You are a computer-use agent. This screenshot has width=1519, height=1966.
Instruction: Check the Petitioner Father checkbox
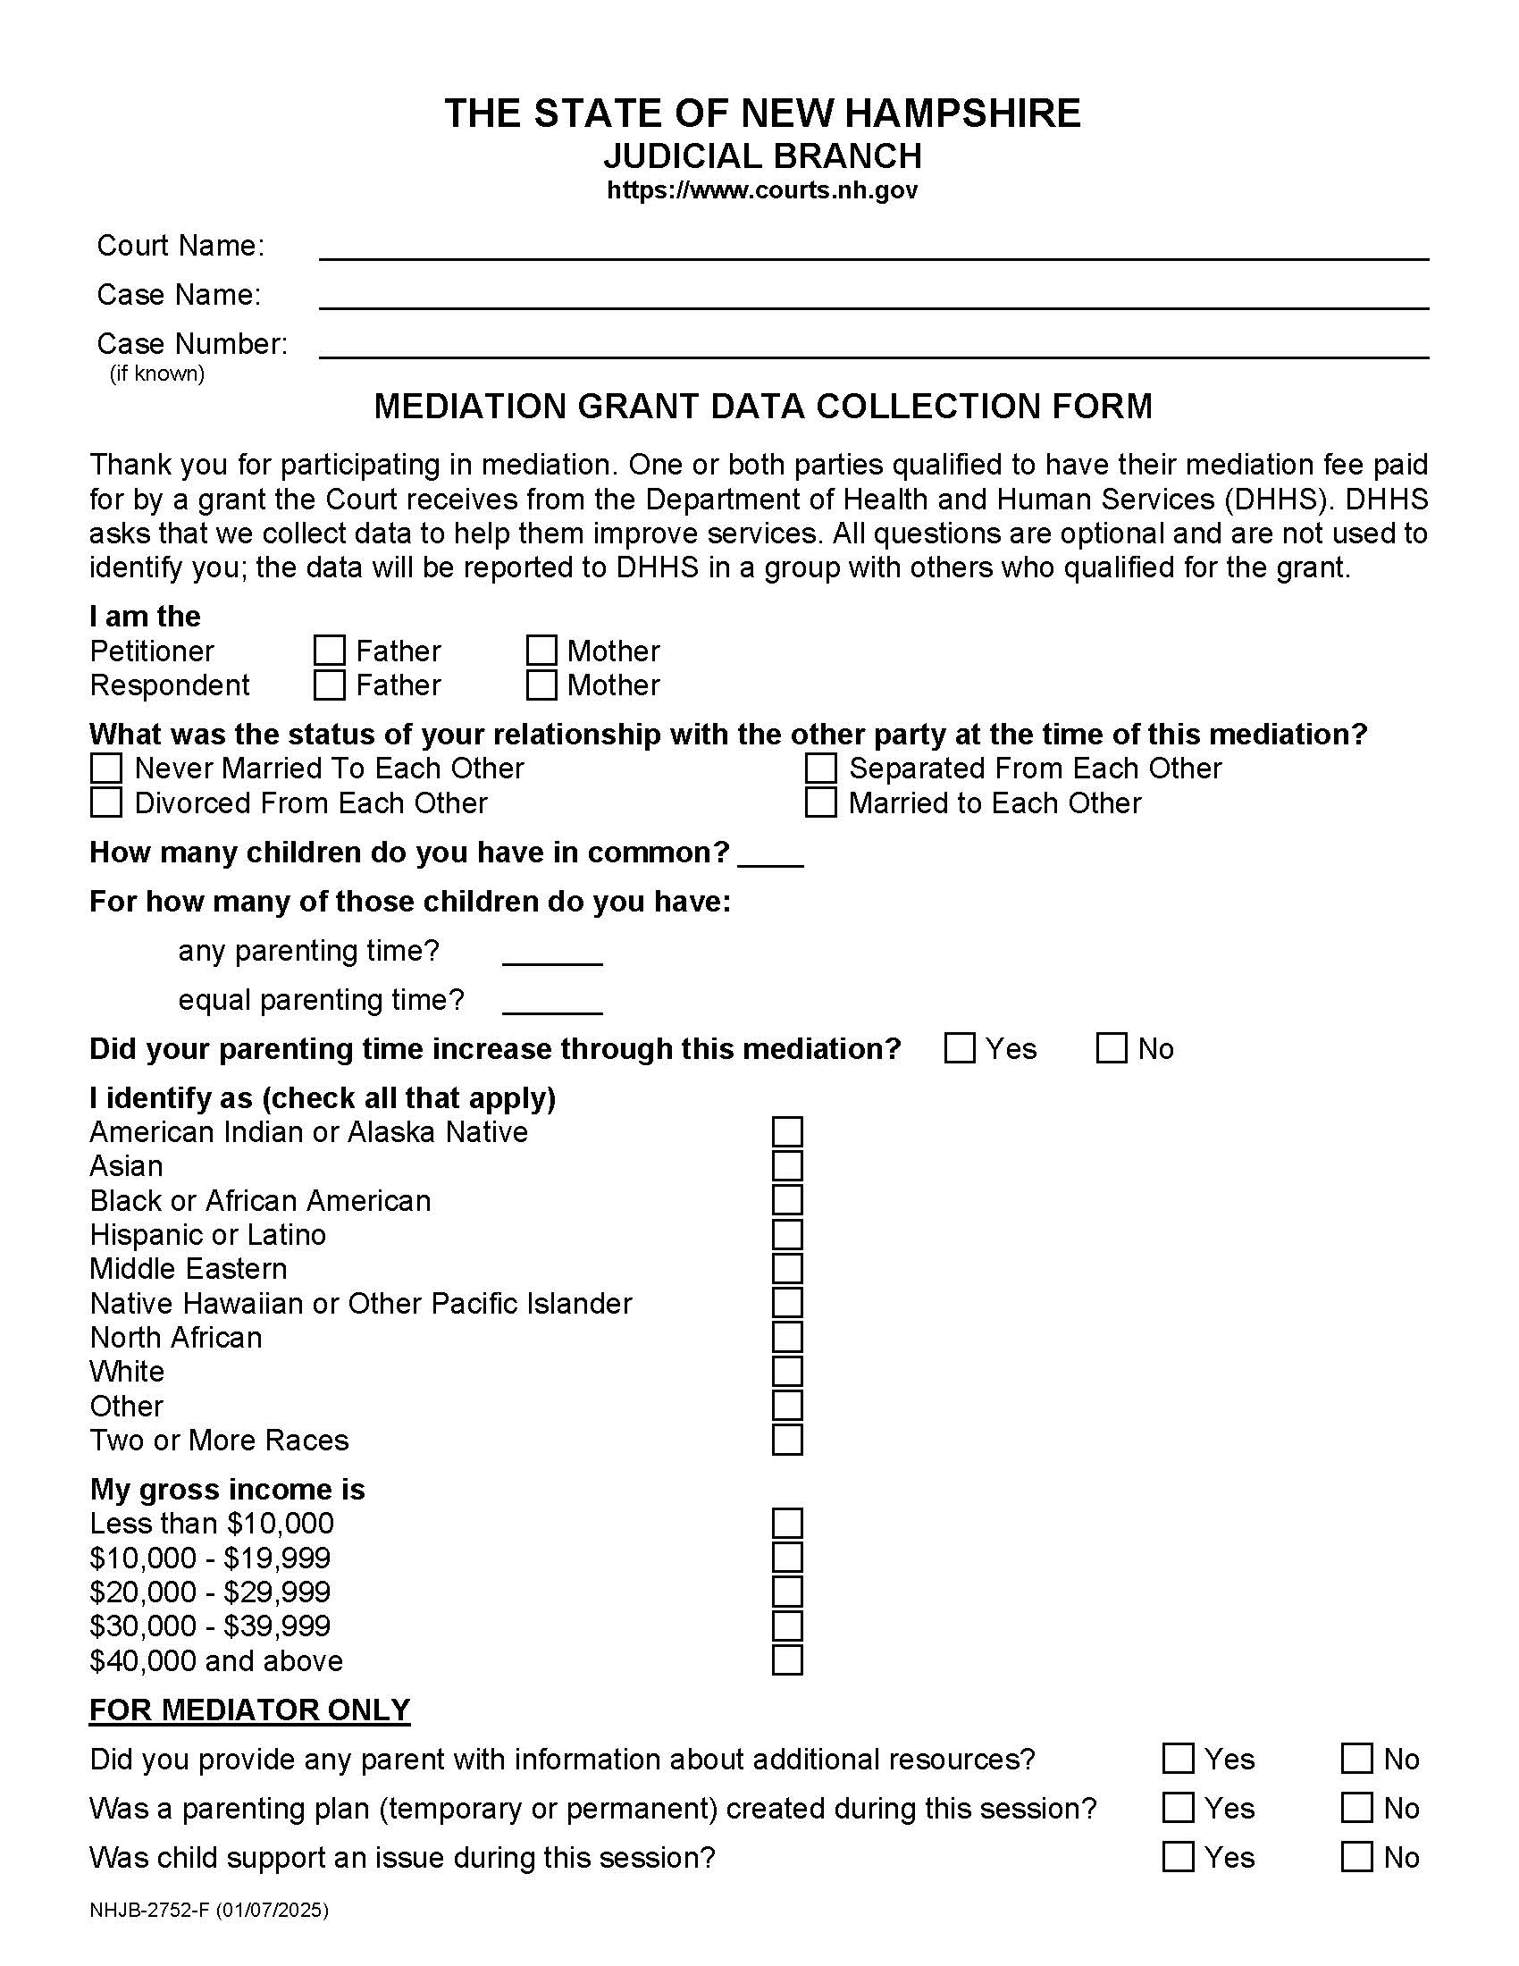[x=330, y=650]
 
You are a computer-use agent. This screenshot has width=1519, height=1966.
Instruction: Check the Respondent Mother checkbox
[x=541, y=685]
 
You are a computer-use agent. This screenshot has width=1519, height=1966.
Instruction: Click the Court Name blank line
[x=873, y=248]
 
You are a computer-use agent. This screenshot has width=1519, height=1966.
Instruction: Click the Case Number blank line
[x=873, y=346]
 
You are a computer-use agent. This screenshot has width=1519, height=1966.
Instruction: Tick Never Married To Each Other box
[x=106, y=768]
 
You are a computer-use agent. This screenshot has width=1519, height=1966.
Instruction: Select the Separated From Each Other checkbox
[x=819, y=768]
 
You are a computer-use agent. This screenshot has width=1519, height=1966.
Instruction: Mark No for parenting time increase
[x=1112, y=1048]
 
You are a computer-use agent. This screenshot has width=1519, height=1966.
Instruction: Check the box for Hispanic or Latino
[x=787, y=1234]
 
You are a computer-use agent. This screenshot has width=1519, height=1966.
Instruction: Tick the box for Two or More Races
[x=787, y=1440]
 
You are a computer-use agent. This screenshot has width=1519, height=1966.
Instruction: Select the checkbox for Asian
[x=787, y=1165]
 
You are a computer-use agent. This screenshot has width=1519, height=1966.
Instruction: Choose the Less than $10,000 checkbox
[x=787, y=1523]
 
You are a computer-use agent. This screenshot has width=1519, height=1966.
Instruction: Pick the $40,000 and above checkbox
[x=787, y=1660]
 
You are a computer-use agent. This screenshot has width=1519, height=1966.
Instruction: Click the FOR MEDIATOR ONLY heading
[x=249, y=1710]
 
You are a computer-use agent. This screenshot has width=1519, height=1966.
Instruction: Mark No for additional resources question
[x=1356, y=1758]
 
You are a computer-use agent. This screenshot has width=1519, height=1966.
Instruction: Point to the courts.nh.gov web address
[x=761, y=190]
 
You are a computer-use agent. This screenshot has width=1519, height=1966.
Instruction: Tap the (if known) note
[x=157, y=374]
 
